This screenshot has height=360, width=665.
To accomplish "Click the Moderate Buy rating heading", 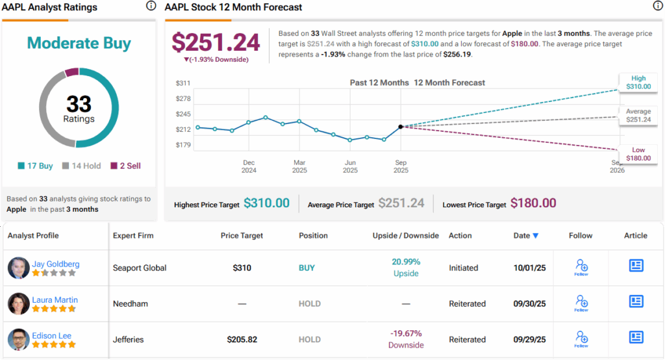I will pyautogui.click(x=79, y=44).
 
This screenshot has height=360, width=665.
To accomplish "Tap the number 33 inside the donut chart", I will pyautogui.click(x=79, y=104).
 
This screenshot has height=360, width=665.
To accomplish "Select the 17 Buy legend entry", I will pyautogui.click(x=35, y=166).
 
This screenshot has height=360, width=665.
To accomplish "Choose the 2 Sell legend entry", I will pyautogui.click(x=125, y=166).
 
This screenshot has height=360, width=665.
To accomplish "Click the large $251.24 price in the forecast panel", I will pyautogui.click(x=216, y=43).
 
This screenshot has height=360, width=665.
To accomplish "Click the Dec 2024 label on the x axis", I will pyautogui.click(x=249, y=166).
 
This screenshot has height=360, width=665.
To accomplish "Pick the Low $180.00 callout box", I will pyautogui.click(x=638, y=154).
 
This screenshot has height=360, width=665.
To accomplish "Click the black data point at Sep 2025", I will pyautogui.click(x=400, y=127).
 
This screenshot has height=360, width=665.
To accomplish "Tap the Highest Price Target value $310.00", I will pyautogui.click(x=266, y=203).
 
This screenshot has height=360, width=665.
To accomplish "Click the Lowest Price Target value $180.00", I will pyautogui.click(x=533, y=203).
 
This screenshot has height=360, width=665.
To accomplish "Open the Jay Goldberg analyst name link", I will pyautogui.click(x=56, y=264).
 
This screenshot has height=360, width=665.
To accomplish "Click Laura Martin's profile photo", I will pyautogui.click(x=19, y=303).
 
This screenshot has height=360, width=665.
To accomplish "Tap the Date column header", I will pyautogui.click(x=525, y=235).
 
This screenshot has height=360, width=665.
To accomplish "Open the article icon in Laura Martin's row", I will pyautogui.click(x=636, y=302).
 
